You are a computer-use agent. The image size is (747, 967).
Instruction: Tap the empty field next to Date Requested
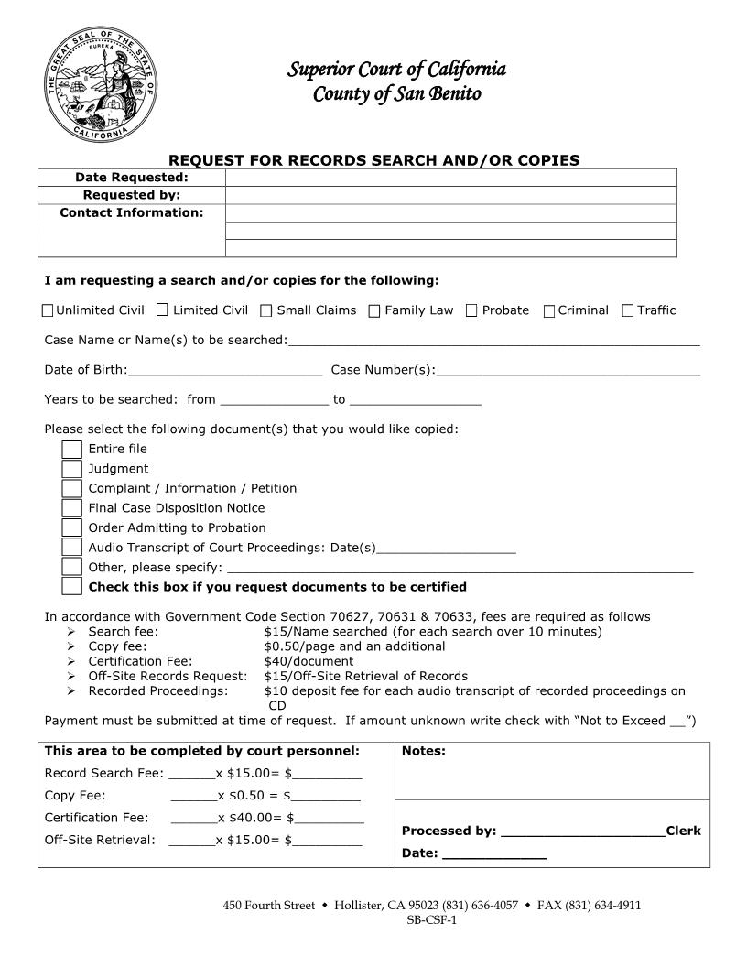point(449,178)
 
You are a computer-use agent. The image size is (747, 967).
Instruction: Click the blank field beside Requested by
point(449,195)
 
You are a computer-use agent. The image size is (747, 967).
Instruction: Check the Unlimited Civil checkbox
point(48,310)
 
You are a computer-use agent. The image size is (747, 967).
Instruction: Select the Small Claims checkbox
point(265,310)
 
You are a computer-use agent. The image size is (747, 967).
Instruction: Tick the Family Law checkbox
point(373,310)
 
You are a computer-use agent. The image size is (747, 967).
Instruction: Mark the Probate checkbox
point(471,310)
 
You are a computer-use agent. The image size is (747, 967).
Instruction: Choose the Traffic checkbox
point(627,310)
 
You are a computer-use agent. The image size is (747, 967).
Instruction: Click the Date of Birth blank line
point(225,370)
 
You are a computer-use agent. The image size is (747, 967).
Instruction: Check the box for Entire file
point(72,449)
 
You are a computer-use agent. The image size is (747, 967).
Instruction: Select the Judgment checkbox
point(72,469)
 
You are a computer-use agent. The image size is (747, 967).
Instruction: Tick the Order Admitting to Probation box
point(72,527)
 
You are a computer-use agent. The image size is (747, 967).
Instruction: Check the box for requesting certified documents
point(72,587)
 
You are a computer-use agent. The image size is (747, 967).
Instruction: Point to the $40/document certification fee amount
point(309,661)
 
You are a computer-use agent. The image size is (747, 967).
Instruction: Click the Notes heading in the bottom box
point(424,752)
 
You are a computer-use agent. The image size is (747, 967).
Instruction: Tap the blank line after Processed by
point(582,831)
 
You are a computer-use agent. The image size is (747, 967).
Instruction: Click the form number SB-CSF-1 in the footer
point(431,920)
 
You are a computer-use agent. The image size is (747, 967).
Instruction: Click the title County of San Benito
point(396,93)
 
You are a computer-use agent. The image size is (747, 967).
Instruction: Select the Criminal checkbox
point(549,310)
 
